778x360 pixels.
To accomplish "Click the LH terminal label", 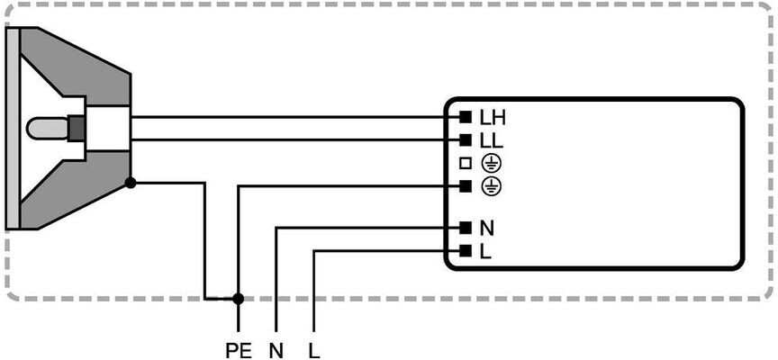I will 493,118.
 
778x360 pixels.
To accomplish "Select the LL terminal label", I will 492,141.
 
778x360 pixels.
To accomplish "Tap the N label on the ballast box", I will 487,229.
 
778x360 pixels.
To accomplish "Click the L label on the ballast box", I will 486,251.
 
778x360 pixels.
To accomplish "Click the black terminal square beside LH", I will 466,118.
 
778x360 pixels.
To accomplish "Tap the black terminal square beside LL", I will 466,140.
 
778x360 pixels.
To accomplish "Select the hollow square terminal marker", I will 466,164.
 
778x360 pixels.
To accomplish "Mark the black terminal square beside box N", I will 466,228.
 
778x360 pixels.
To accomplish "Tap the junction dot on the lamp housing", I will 131,183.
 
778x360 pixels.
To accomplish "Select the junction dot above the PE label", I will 239,298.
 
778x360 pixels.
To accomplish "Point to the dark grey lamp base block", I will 77,129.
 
